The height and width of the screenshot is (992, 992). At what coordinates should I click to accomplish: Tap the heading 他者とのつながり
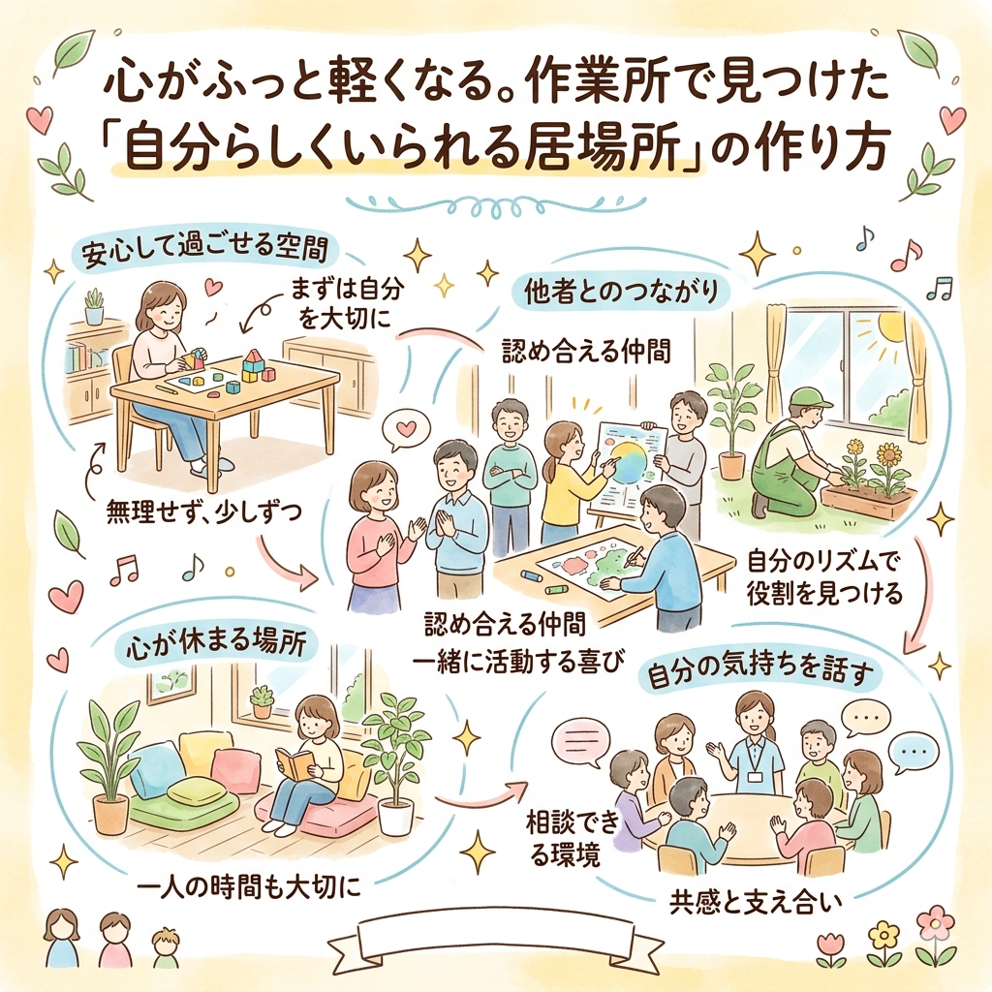tap(623, 292)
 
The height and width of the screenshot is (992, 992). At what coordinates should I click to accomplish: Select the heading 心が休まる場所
tap(216, 645)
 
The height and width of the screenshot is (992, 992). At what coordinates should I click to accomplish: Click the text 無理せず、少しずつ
tap(204, 511)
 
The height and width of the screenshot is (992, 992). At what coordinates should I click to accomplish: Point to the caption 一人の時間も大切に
tap(249, 887)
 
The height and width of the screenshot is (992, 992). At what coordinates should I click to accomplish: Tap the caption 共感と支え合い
tap(756, 903)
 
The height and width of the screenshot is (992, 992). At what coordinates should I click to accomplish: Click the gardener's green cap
tap(808, 396)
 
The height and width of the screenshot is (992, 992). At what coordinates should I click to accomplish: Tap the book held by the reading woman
tap(294, 763)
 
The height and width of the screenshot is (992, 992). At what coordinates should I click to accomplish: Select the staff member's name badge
tap(754, 777)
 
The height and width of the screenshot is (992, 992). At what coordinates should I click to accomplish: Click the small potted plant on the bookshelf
tap(94, 306)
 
